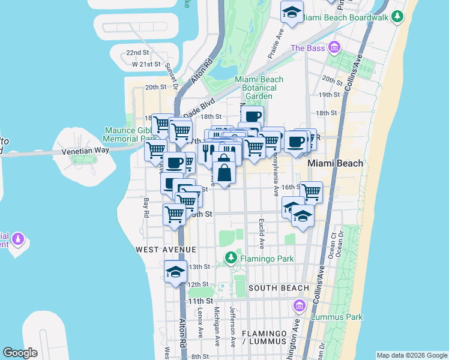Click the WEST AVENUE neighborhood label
[x=166, y=249]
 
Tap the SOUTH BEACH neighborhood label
[x=278, y=288]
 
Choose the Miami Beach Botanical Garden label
[x=259, y=88]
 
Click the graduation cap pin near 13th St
[x=176, y=272]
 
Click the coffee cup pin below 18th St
[x=253, y=116]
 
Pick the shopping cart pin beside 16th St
[x=311, y=192]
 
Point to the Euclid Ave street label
[x=262, y=233]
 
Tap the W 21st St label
[x=146, y=64]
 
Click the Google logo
[x=20, y=353]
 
